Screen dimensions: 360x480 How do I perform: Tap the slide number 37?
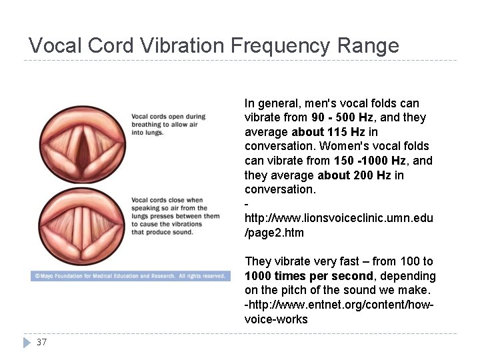[x=41, y=342]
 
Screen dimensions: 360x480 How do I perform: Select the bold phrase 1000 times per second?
[x=309, y=276]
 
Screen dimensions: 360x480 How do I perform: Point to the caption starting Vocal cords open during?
[x=168, y=124]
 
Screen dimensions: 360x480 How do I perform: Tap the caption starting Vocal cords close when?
[x=175, y=215]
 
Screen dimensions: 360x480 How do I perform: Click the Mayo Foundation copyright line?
[x=130, y=275]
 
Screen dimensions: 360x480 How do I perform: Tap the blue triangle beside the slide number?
[x=27, y=342]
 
